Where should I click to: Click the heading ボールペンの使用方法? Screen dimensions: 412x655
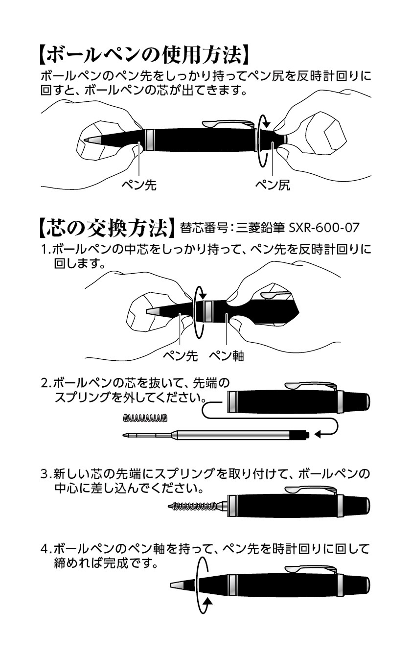(143, 55)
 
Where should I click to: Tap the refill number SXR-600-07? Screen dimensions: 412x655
(324, 228)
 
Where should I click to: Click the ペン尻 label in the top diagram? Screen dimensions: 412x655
(273, 185)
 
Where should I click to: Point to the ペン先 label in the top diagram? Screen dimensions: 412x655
(139, 185)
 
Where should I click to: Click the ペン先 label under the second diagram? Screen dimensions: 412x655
(180, 356)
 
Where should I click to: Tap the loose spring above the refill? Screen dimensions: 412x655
(145, 418)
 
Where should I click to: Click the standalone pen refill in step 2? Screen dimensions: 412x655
(216, 435)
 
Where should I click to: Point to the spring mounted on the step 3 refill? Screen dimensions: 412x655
(195, 505)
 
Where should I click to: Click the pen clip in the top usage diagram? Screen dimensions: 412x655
(229, 123)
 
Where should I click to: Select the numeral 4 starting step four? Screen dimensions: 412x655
(44, 549)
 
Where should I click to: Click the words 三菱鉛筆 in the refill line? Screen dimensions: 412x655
(260, 228)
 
